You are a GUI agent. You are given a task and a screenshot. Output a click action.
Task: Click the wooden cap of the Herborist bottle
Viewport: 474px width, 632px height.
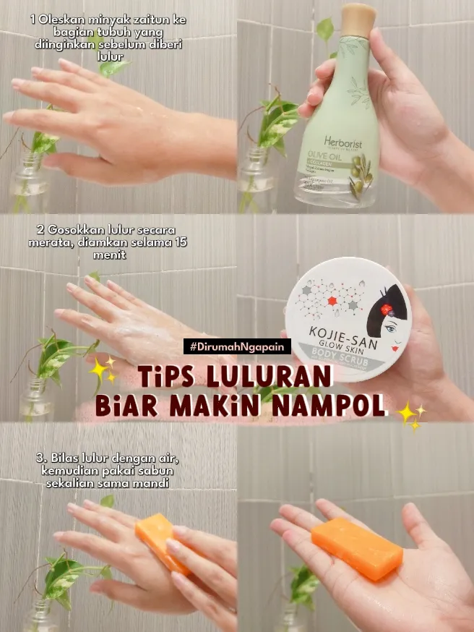[x=359, y=20]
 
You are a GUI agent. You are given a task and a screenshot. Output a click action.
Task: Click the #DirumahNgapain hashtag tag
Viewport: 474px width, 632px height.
[x=237, y=347]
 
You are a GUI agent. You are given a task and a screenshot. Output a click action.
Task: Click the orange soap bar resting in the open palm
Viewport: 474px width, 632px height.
[x=357, y=548]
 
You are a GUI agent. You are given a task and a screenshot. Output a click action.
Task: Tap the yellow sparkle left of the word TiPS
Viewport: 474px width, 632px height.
[x=102, y=368]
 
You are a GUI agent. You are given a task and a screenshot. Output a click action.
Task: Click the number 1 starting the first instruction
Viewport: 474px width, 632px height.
[x=33, y=20]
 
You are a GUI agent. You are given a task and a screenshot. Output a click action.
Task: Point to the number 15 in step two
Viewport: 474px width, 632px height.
[x=179, y=242]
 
